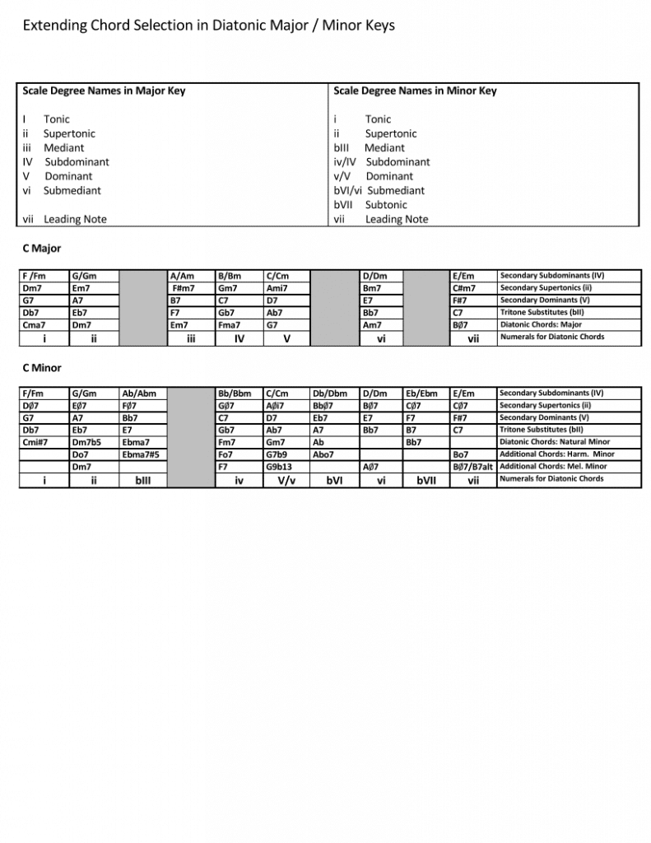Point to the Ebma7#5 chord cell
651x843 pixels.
140,454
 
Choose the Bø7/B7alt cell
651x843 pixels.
472,467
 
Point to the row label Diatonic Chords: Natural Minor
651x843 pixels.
555,442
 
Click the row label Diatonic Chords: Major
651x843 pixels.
541,324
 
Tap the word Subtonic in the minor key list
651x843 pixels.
386,205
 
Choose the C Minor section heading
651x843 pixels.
42,368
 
